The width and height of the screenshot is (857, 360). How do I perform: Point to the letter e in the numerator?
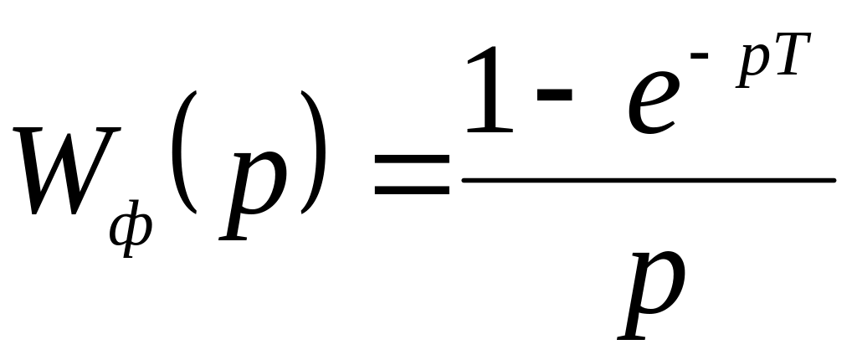[645, 105]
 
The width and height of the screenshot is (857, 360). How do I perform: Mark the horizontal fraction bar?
[649, 180]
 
